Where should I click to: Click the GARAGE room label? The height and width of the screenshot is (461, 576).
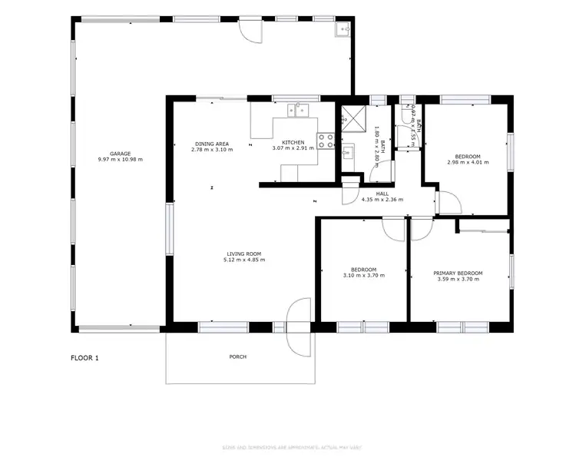pyautogui.click(x=120, y=153)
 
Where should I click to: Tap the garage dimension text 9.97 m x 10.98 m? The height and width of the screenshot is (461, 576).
pyautogui.click(x=120, y=159)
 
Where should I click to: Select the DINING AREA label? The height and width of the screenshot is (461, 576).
pyautogui.click(x=211, y=143)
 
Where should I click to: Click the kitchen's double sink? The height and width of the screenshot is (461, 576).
pyautogui.click(x=297, y=110)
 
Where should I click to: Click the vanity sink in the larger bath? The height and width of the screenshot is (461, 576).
pyautogui.click(x=347, y=151)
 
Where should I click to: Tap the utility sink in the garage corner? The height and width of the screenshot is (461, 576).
pyautogui.click(x=343, y=30)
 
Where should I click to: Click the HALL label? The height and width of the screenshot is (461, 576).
pyautogui.click(x=382, y=194)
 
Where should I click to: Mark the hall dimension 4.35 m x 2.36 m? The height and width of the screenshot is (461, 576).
pyautogui.click(x=382, y=200)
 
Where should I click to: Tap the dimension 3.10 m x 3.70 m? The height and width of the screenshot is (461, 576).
pyautogui.click(x=362, y=275)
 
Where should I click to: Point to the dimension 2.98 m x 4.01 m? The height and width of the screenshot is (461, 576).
pyautogui.click(x=468, y=162)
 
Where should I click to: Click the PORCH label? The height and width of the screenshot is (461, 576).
pyautogui.click(x=238, y=357)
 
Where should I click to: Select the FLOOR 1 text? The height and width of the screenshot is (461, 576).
pyautogui.click(x=85, y=358)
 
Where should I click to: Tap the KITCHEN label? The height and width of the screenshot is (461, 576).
pyautogui.click(x=293, y=143)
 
